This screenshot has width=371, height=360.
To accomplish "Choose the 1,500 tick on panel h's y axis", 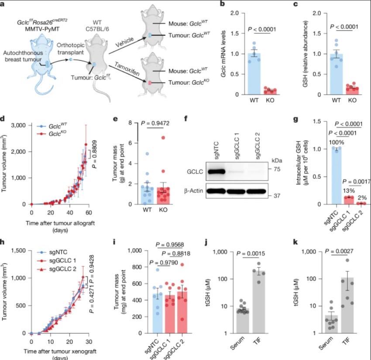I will coord(18,251).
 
